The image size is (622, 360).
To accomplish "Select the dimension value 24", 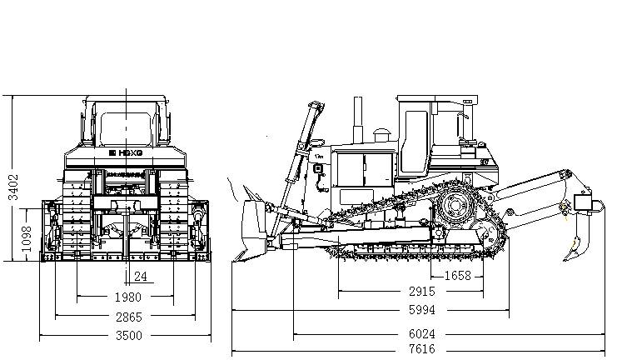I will (x=141, y=276).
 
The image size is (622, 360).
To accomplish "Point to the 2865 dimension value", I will (x=127, y=317).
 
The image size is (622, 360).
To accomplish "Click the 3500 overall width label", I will (x=127, y=336).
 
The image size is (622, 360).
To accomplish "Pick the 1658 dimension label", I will (x=458, y=276).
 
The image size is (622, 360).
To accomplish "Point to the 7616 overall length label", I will (x=421, y=349).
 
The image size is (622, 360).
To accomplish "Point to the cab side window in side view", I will (x=449, y=123).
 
